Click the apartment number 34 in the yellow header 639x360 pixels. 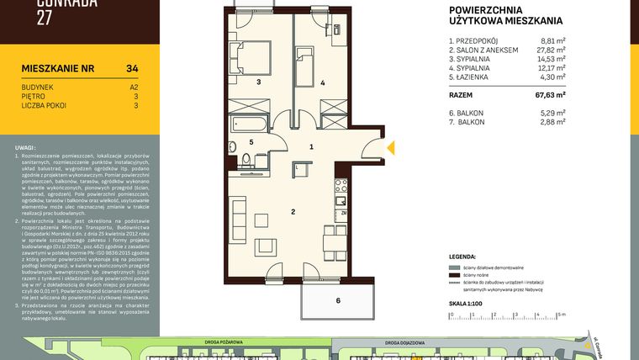coord(132,68)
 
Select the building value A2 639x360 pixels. coord(134,86)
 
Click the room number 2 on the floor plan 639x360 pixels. coord(293,211)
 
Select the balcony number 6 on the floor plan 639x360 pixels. coord(337,300)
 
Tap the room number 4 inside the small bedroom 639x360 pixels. coord(322,82)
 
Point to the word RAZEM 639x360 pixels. coord(463,96)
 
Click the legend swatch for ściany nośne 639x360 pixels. coord(455,275)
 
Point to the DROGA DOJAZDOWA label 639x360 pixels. coord(406,343)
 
